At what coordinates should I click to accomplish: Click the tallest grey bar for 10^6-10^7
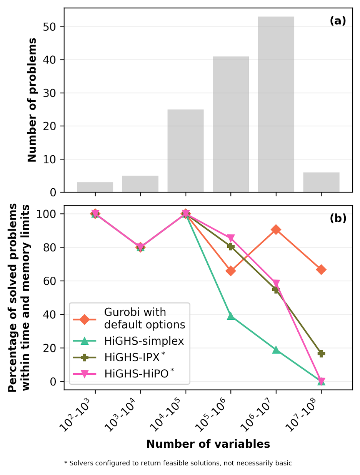[276, 104]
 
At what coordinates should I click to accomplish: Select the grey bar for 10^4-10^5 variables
[185, 151]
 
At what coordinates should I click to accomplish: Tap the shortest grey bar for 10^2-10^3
[95, 187]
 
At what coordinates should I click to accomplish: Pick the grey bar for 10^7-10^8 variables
[321, 182]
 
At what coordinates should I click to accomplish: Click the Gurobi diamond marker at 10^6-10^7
[276, 230]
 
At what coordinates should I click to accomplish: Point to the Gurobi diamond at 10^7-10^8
[321, 269]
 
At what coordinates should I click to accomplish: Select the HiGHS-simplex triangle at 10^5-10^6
[231, 316]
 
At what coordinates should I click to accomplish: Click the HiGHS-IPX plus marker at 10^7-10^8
[321, 354]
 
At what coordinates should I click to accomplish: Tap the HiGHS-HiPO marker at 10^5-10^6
[231, 238]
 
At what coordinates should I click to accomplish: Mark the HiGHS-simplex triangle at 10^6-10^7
[276, 350]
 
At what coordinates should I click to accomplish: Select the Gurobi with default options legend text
[145, 319]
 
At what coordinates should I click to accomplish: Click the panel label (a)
[338, 21]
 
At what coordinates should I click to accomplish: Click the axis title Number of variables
[208, 444]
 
